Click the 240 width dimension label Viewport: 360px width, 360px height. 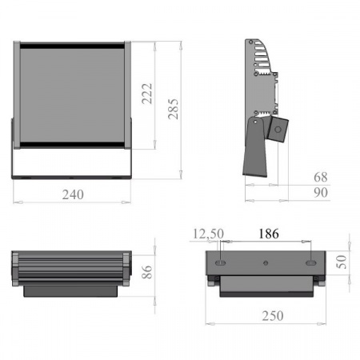coord(73,194)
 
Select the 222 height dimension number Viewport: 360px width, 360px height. coord(147,94)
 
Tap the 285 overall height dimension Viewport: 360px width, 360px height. coord(173,109)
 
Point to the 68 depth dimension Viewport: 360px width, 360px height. coord(321,177)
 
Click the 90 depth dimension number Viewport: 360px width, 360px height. coord(321,193)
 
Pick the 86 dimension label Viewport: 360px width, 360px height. coord(147,272)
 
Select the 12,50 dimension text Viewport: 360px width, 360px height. coord(208,234)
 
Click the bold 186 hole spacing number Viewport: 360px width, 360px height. coord(269,234)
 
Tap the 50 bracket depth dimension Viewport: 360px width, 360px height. coord(342,262)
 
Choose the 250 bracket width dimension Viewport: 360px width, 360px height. coord(273,316)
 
